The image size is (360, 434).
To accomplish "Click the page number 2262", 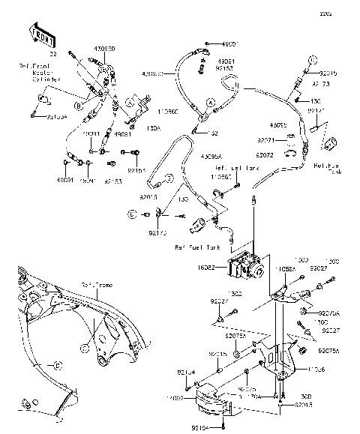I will coord(346,13).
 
